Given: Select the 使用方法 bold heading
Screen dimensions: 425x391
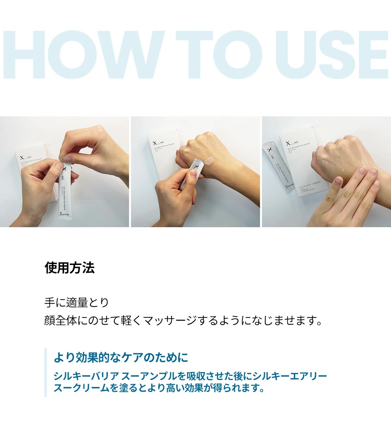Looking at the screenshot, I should [x=69, y=268].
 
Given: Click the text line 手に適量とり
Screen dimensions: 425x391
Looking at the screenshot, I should [x=77, y=302].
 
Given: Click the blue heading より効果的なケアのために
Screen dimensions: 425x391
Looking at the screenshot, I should [x=121, y=358].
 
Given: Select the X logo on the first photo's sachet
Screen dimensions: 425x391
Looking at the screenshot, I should [x=64, y=169].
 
